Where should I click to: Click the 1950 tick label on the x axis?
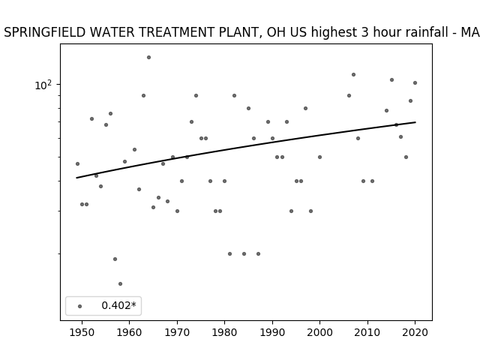82,332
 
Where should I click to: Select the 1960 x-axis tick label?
129,332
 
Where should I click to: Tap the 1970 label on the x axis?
177,332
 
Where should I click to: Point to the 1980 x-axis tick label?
224,332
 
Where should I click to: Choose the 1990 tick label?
272,332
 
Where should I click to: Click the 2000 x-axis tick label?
319,332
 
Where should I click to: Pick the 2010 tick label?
367,332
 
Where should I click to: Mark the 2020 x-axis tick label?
415,332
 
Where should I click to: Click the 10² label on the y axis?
43,85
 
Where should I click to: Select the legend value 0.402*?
118,305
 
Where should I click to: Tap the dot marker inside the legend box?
80,306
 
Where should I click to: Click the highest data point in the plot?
148,57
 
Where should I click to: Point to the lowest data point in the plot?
120,283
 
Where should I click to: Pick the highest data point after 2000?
353,75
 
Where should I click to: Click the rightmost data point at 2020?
415,83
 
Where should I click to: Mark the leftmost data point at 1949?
77,163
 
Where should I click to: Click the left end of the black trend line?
76,178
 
